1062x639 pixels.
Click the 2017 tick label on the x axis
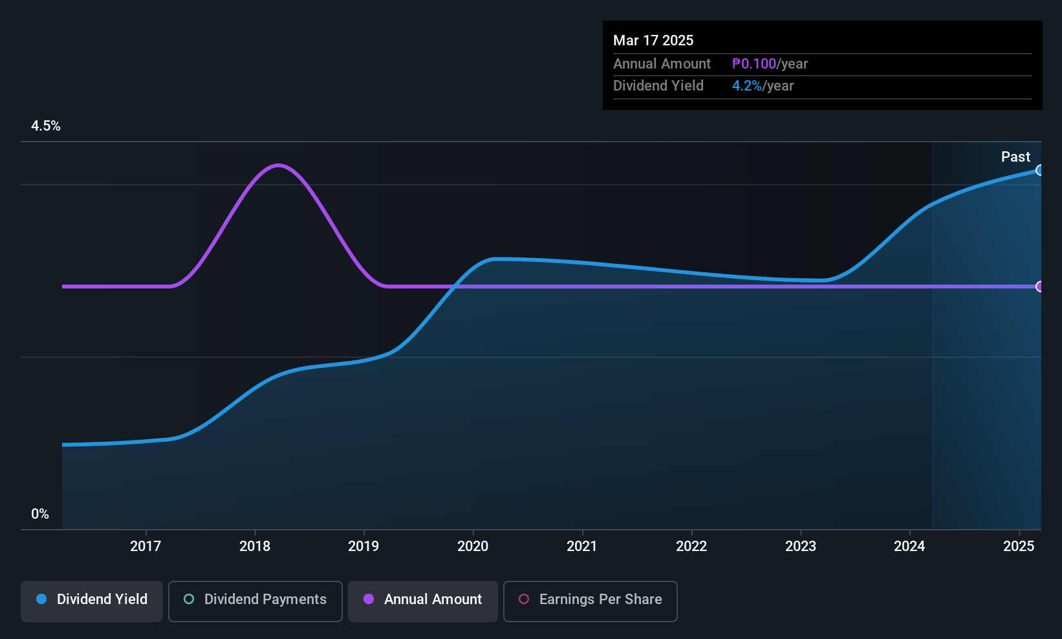(146, 546)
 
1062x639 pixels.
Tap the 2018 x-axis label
(255, 546)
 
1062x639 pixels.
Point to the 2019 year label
(363, 546)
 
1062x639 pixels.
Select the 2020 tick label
(473, 546)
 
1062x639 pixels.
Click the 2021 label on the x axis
(582, 546)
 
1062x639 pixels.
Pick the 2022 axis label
(691, 546)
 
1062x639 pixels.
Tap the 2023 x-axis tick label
(801, 546)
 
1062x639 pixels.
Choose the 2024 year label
(909, 546)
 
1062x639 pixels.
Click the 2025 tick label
(1019, 546)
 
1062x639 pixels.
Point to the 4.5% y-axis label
(46, 126)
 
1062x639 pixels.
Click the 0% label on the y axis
(40, 514)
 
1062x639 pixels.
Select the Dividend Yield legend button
(92, 600)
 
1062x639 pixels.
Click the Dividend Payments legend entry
(255, 600)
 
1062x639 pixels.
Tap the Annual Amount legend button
(423, 600)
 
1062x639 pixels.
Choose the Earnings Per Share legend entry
(591, 600)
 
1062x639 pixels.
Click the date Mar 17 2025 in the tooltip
(653, 40)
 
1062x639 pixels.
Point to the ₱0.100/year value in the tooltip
(770, 63)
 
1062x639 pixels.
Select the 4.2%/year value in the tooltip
(763, 86)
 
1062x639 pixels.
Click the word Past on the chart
(1015, 157)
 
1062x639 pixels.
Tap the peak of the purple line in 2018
(278, 165)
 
